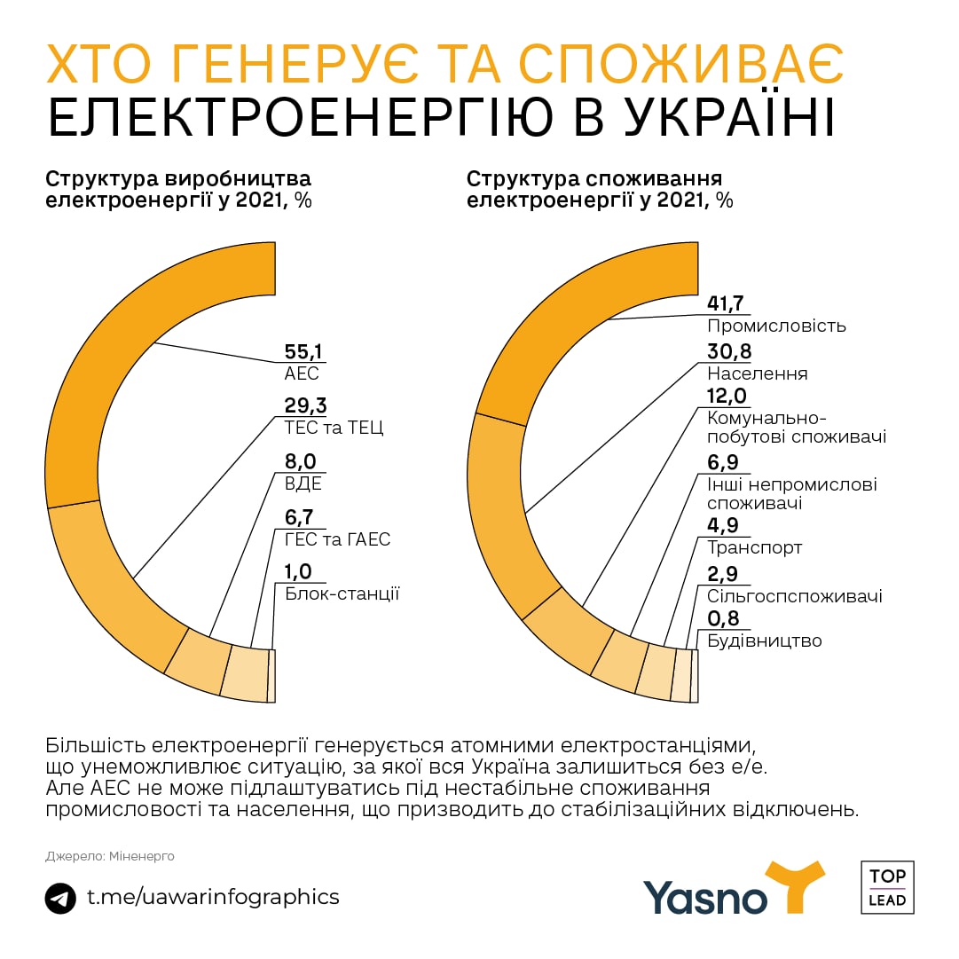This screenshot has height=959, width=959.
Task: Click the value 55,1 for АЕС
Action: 303,350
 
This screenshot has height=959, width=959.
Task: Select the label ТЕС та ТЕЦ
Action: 334,429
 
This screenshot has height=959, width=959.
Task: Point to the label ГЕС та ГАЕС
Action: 337,539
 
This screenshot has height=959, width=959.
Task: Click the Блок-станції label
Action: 342,593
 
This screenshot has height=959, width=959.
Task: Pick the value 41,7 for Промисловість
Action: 726,303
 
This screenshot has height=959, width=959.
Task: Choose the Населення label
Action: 758,373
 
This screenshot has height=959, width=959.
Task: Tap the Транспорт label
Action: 755,547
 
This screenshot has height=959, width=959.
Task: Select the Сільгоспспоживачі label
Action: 794,596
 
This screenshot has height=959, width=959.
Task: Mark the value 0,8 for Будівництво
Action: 723,619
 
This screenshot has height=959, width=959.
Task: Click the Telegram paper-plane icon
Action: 60,898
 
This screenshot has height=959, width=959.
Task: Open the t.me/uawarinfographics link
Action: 213,897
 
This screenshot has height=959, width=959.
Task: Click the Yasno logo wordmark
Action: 705,896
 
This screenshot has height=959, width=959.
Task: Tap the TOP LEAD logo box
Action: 887,887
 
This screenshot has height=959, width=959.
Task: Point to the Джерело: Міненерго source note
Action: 110,856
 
